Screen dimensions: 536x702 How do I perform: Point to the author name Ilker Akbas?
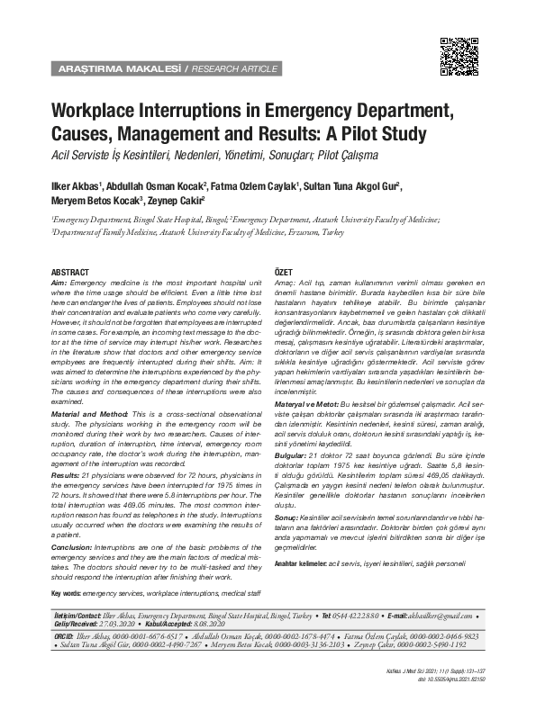click(x=75, y=187)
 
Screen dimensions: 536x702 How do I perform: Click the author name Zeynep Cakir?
click(x=176, y=201)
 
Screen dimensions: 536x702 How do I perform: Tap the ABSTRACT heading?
click(x=70, y=272)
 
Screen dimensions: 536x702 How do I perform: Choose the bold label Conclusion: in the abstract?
click(x=73, y=546)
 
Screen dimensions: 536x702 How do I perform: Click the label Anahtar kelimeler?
click(x=301, y=562)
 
